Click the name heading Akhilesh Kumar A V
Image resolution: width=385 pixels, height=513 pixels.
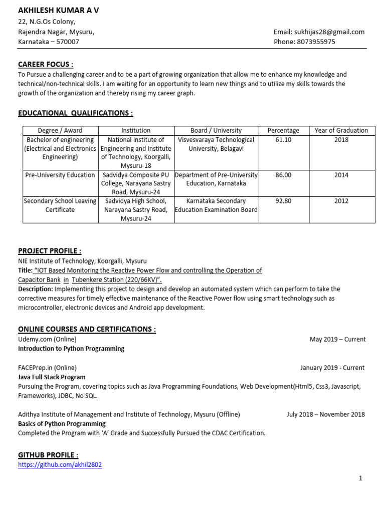[x=59, y=11]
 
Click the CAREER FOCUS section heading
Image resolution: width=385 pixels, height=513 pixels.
[x=46, y=65]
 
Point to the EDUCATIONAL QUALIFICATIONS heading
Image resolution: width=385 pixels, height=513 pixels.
[x=76, y=114]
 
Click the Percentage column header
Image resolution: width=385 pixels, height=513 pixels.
[x=283, y=130]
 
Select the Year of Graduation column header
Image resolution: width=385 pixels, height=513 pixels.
[x=341, y=130]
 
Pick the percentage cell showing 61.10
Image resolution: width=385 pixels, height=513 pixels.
[x=283, y=140]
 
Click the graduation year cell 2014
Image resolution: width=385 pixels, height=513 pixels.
[x=341, y=175]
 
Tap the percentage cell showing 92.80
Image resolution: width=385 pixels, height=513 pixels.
[x=283, y=201]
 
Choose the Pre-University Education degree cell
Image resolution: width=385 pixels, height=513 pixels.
[x=60, y=175]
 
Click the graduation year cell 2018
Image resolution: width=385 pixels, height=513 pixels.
[x=341, y=140]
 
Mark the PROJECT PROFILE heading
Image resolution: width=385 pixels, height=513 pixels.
[x=50, y=251]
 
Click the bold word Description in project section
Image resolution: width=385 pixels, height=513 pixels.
[x=35, y=289]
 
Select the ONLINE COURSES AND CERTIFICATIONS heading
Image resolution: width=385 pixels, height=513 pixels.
[x=87, y=329]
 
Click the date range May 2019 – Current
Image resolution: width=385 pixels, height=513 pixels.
[x=337, y=339]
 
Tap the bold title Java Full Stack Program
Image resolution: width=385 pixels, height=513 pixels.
[x=52, y=377]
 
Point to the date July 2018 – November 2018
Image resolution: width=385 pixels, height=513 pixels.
[x=325, y=414]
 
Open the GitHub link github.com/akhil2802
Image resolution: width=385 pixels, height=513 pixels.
[x=60, y=464]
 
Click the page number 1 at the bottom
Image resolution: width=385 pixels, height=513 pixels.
[x=360, y=478]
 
